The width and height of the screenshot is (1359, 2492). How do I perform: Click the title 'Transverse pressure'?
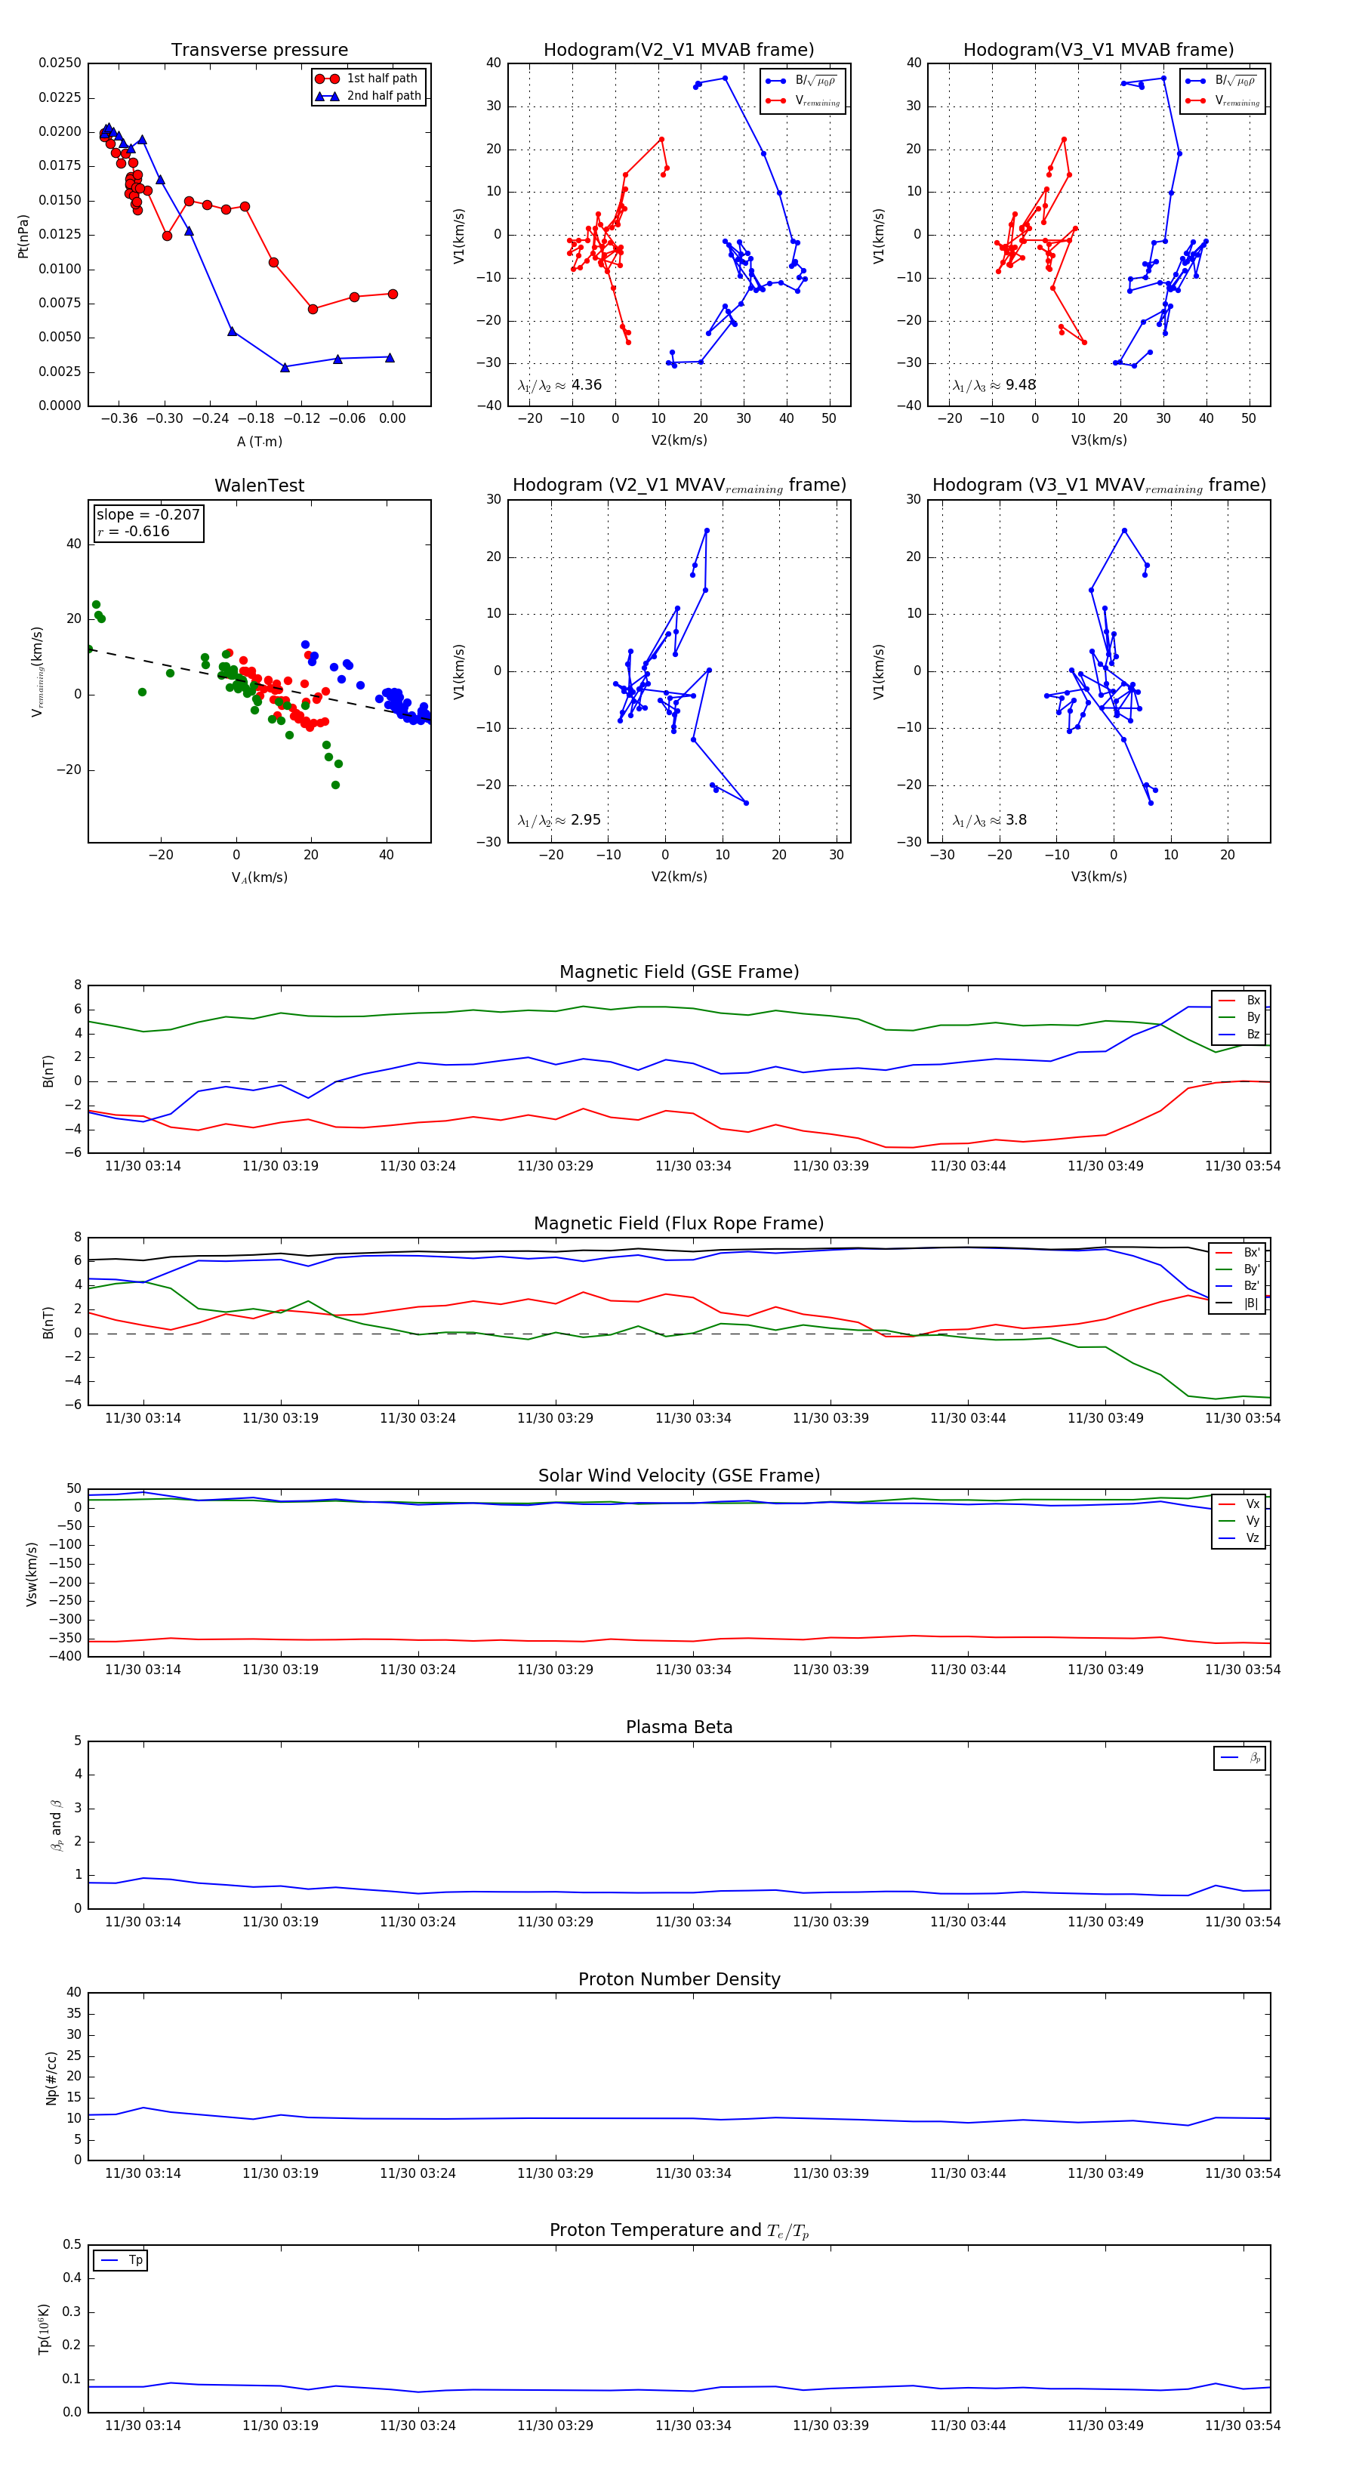coord(259,51)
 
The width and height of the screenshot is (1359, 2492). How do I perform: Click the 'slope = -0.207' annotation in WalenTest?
coord(148,515)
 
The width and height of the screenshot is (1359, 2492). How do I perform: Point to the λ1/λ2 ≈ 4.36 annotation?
coord(559,385)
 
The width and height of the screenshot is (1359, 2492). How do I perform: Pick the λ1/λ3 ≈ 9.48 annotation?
coord(994,385)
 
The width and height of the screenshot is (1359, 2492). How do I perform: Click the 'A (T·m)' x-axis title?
coord(259,441)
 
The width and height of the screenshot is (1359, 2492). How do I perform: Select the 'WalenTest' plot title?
coord(259,486)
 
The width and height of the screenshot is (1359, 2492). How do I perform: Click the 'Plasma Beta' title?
coord(679,1727)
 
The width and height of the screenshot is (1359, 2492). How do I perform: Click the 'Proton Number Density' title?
coord(679,1979)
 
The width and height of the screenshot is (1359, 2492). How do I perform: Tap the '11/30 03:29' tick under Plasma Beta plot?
coord(555,1921)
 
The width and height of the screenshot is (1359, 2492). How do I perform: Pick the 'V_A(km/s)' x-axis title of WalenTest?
coord(259,877)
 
